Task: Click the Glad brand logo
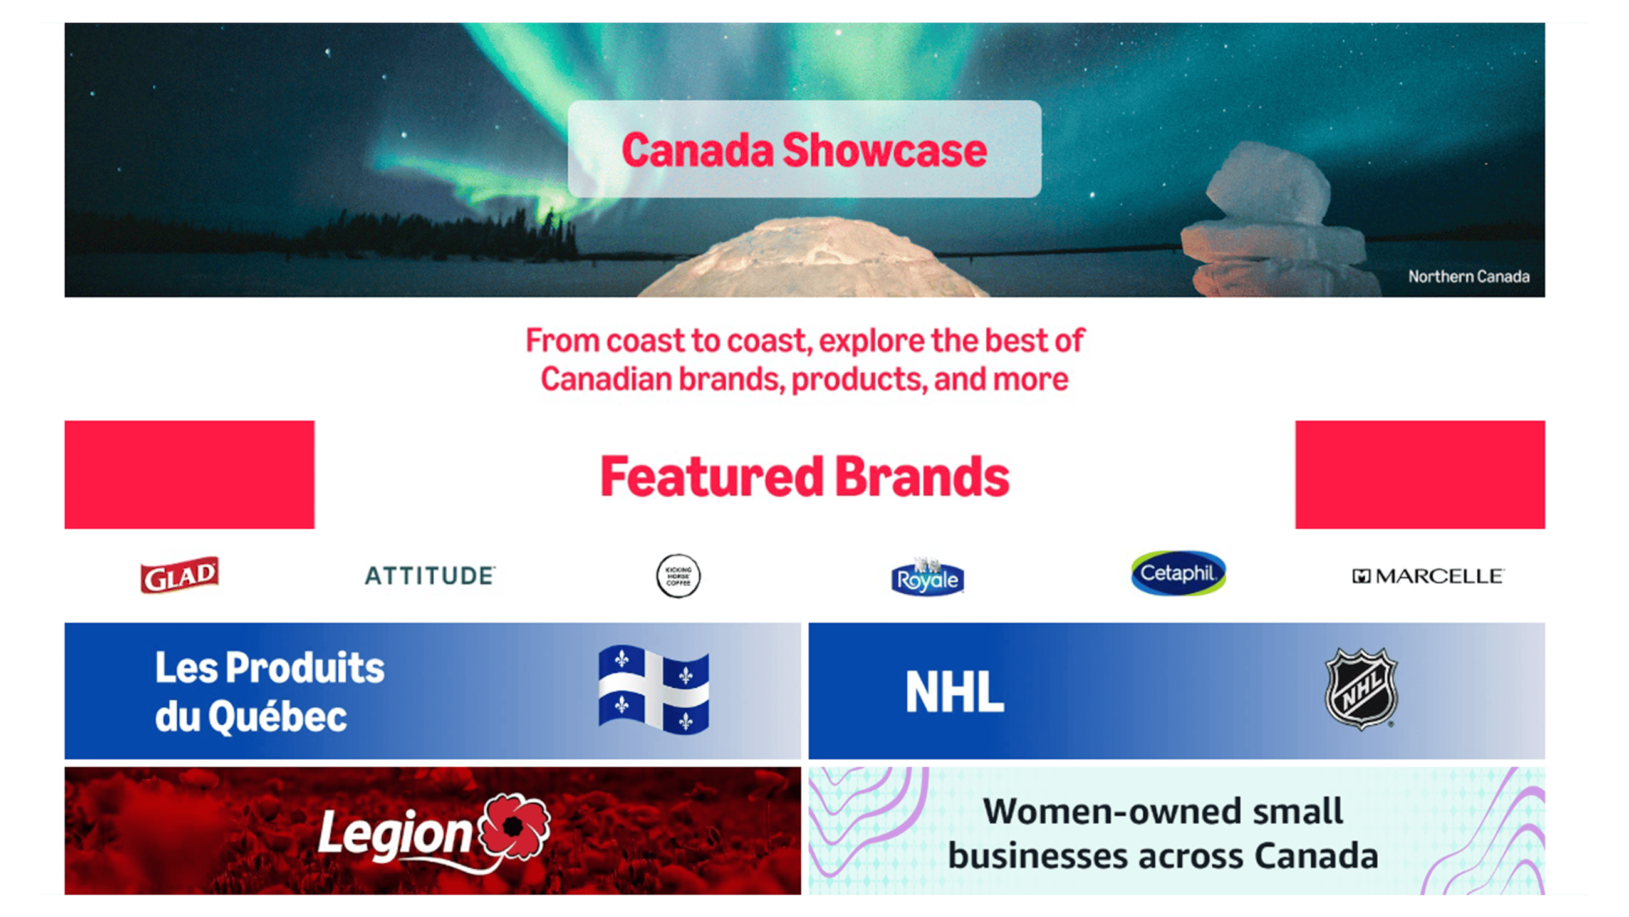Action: (180, 575)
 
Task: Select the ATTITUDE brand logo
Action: (430, 576)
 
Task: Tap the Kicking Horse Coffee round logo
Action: (678, 576)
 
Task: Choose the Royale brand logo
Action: (927, 578)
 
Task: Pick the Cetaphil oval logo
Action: (1178, 573)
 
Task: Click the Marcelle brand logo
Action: (1428, 576)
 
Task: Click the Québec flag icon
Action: (653, 690)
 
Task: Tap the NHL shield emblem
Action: (1361, 690)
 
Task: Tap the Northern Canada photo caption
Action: (1469, 276)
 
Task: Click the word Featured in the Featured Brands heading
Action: (711, 476)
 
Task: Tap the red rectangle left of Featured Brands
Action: (189, 474)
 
